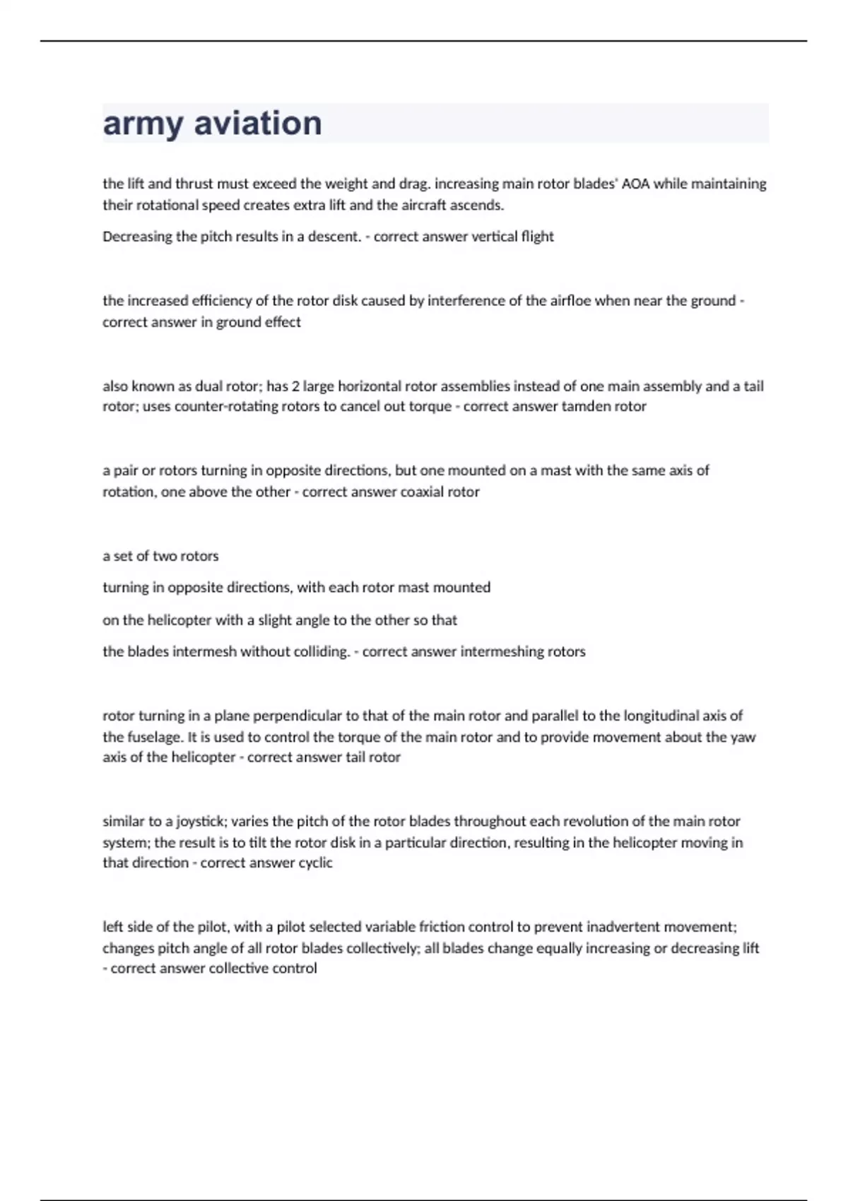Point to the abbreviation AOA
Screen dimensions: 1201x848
[x=635, y=184]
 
